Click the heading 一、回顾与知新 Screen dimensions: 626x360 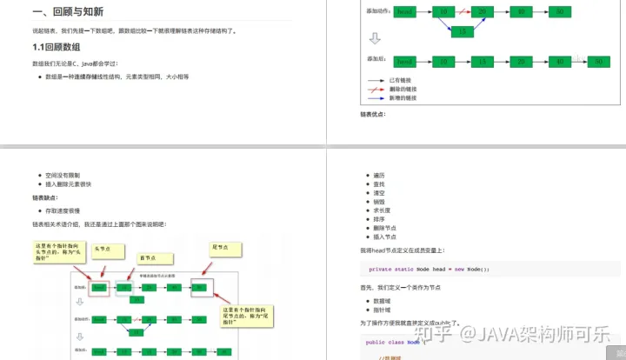(x=69, y=12)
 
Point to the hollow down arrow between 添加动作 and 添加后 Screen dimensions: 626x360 (x=375, y=38)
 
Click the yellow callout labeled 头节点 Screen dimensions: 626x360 (x=105, y=249)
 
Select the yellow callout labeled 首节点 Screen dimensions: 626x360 (x=148, y=257)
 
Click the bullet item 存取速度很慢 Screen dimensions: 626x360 (x=64, y=210)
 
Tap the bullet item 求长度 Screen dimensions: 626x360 (x=382, y=209)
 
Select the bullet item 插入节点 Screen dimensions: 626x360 (x=384, y=237)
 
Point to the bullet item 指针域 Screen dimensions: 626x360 (x=382, y=309)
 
